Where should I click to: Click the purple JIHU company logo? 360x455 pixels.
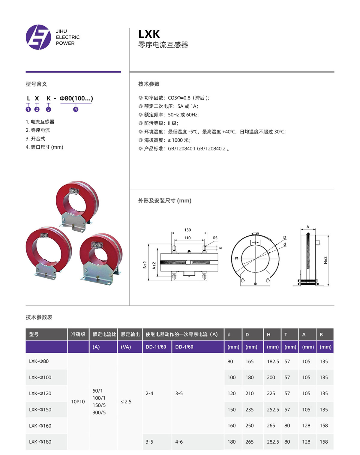pyautogui.click(x=38, y=37)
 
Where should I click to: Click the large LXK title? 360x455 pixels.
pyautogui.click(x=149, y=34)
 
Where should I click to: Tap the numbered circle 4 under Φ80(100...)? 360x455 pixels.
pyautogui.click(x=76, y=109)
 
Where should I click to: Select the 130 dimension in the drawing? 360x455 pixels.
pyautogui.click(x=187, y=230)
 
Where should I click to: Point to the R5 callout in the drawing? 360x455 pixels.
pyautogui.click(x=215, y=238)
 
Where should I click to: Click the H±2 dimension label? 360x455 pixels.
pyautogui.click(x=325, y=260)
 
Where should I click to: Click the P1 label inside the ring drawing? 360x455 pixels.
pyautogui.click(x=236, y=258)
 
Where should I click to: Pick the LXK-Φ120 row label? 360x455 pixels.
pyautogui.click(x=40, y=394)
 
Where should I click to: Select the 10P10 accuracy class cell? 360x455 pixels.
pyautogui.click(x=78, y=402)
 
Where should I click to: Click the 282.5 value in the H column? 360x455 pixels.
pyautogui.click(x=273, y=442)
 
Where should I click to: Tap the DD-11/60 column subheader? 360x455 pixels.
pyautogui.click(x=156, y=347)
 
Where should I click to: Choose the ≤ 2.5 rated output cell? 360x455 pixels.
pyautogui.click(x=126, y=402)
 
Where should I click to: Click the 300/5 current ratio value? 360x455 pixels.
pyautogui.click(x=99, y=413)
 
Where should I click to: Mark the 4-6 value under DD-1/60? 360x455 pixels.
pyautogui.click(x=179, y=442)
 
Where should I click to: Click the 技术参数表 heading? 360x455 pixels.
pyautogui.click(x=39, y=317)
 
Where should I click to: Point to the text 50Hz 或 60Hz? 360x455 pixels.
pyautogui.click(x=183, y=115)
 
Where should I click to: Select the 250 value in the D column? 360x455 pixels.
pyautogui.click(x=249, y=426)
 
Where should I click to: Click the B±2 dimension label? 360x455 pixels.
pyautogui.click(x=145, y=265)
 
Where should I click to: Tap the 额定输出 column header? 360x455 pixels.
pyautogui.click(x=130, y=334)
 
